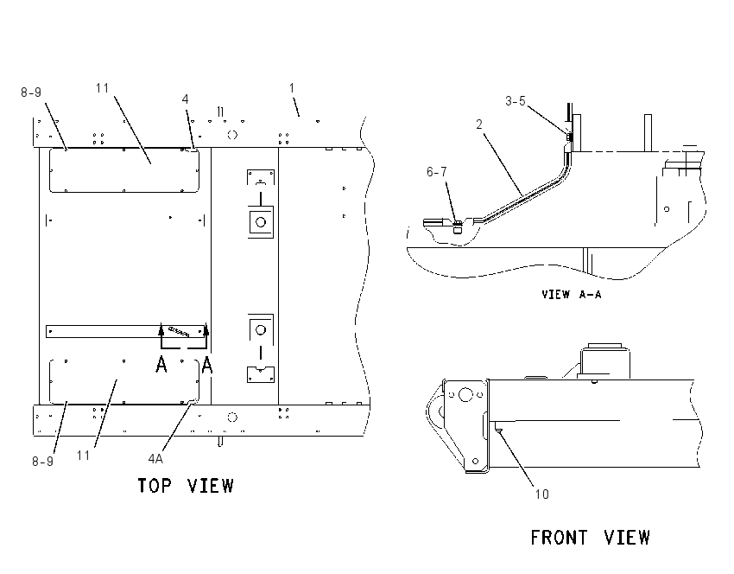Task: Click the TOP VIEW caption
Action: [186, 486]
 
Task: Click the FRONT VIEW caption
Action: [591, 538]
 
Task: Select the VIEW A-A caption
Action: [572, 294]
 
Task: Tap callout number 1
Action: [292, 88]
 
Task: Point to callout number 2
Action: [479, 124]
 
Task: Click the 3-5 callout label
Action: [516, 101]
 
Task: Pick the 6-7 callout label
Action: [436, 172]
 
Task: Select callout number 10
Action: [541, 494]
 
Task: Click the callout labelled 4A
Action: [155, 459]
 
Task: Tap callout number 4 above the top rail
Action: [186, 99]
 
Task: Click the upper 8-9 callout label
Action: [31, 92]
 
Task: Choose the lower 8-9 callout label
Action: [42, 462]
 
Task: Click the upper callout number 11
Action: [103, 88]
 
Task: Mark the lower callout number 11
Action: [83, 456]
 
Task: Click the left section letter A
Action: [161, 365]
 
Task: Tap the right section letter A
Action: [207, 365]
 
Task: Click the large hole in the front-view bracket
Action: [465, 394]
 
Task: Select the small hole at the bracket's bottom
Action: [476, 461]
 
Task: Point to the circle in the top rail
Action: [232, 135]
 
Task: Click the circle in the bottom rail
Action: [232, 417]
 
